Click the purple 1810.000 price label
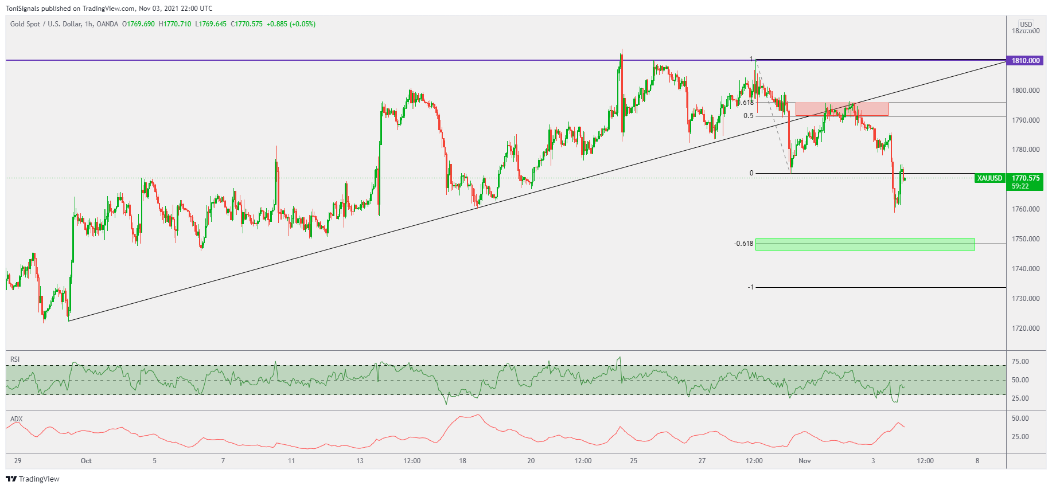pos(1026,61)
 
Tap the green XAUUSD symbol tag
pos(989,178)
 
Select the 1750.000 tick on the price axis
pos(1026,239)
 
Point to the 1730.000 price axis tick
pos(1026,299)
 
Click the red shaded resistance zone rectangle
pos(841,109)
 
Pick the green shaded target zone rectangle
pos(864,244)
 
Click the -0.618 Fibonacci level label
pos(743,244)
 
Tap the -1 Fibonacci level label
pos(750,287)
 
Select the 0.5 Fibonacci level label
pos(749,116)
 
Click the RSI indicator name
pos(15,359)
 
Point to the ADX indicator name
pos(16,419)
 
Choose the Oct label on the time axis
pos(86,461)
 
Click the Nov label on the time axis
pos(805,461)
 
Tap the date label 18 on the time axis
pos(462,461)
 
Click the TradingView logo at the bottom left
pos(33,479)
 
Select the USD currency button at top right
pos(1026,25)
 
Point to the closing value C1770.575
pos(247,24)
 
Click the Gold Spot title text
pos(25,24)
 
